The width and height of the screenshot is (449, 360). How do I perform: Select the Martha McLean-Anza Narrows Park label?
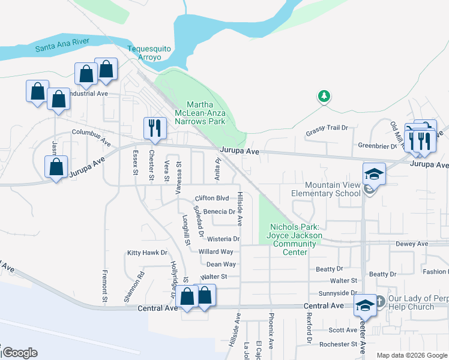[200, 113]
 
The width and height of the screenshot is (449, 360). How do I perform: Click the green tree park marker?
[324, 95]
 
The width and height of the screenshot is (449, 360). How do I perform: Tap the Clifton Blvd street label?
[212, 198]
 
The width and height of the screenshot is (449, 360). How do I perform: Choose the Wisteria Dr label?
[223, 239]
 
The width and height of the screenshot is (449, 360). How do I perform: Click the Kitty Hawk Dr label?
[147, 253]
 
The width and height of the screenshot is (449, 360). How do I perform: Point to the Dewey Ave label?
[412, 244]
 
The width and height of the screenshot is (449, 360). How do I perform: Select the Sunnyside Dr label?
[338, 293]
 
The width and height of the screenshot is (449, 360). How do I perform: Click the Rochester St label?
[339, 344]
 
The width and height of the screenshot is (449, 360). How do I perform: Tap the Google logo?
[20, 353]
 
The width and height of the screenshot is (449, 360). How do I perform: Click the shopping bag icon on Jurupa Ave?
[56, 167]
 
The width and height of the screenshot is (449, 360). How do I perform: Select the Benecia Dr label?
[218, 212]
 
